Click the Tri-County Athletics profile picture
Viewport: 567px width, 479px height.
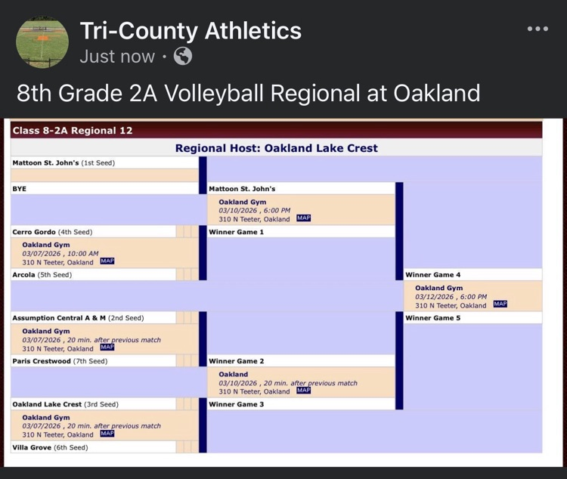[42, 42]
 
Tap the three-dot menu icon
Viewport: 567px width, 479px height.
[538, 29]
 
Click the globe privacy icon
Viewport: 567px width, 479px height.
[183, 56]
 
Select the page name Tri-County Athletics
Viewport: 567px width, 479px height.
[191, 31]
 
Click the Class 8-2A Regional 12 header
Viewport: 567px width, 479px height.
[73, 131]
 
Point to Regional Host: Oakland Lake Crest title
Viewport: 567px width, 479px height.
[276, 148]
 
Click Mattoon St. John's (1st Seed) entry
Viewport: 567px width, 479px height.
[64, 162]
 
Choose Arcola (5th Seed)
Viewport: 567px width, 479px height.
[42, 275]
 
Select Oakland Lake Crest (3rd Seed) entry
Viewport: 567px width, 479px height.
[65, 404]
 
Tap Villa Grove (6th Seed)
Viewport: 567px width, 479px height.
[50, 447]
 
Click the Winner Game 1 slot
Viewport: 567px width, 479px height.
[237, 232]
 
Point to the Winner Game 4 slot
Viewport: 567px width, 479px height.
[433, 275]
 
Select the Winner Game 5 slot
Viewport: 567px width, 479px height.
[433, 318]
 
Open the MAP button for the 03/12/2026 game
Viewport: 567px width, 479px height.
[500, 304]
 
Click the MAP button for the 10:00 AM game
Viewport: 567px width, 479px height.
[107, 261]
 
